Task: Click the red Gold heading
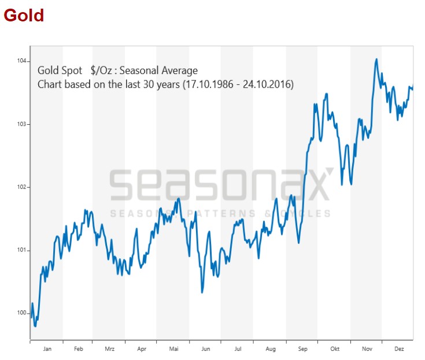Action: click(x=24, y=14)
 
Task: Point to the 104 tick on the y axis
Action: click(x=22, y=61)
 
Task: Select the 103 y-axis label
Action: click(x=22, y=124)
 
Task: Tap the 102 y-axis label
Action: click(x=22, y=187)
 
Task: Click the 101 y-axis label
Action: click(x=22, y=250)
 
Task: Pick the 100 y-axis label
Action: click(x=22, y=313)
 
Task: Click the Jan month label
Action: click(x=47, y=349)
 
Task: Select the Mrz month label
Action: click(x=110, y=349)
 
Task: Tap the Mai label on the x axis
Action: click(x=174, y=349)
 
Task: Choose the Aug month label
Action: click(x=271, y=349)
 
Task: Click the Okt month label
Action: click(x=335, y=349)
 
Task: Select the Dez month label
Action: click(x=399, y=349)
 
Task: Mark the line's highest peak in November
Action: click(x=376, y=59)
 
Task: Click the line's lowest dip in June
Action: click(x=202, y=292)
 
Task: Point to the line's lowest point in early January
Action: click(x=35, y=326)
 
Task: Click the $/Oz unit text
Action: click(x=101, y=70)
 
